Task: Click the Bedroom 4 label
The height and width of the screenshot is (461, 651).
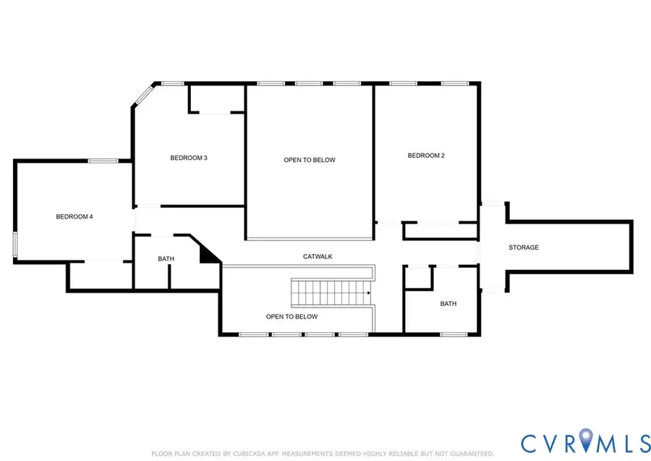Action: click(75, 216)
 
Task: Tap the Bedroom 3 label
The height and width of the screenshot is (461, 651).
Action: click(189, 158)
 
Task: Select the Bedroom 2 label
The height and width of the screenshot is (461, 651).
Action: click(426, 156)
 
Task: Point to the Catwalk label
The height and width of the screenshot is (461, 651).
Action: click(318, 257)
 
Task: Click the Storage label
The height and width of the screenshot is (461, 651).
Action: click(524, 248)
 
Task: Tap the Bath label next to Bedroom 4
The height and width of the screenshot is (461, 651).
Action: click(166, 259)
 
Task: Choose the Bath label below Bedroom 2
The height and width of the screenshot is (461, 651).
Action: click(448, 304)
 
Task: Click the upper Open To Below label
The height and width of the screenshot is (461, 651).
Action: click(310, 160)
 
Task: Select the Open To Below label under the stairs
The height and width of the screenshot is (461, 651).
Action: click(292, 316)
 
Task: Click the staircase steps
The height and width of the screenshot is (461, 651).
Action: click(331, 293)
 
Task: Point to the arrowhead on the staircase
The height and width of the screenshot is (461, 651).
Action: click(369, 293)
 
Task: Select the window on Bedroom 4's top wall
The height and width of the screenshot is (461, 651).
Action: click(103, 161)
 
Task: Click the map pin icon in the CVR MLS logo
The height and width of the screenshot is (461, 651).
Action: click(586, 439)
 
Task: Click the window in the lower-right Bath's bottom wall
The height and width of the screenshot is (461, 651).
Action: click(454, 334)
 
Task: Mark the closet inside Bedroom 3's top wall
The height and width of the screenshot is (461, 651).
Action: click(216, 99)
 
